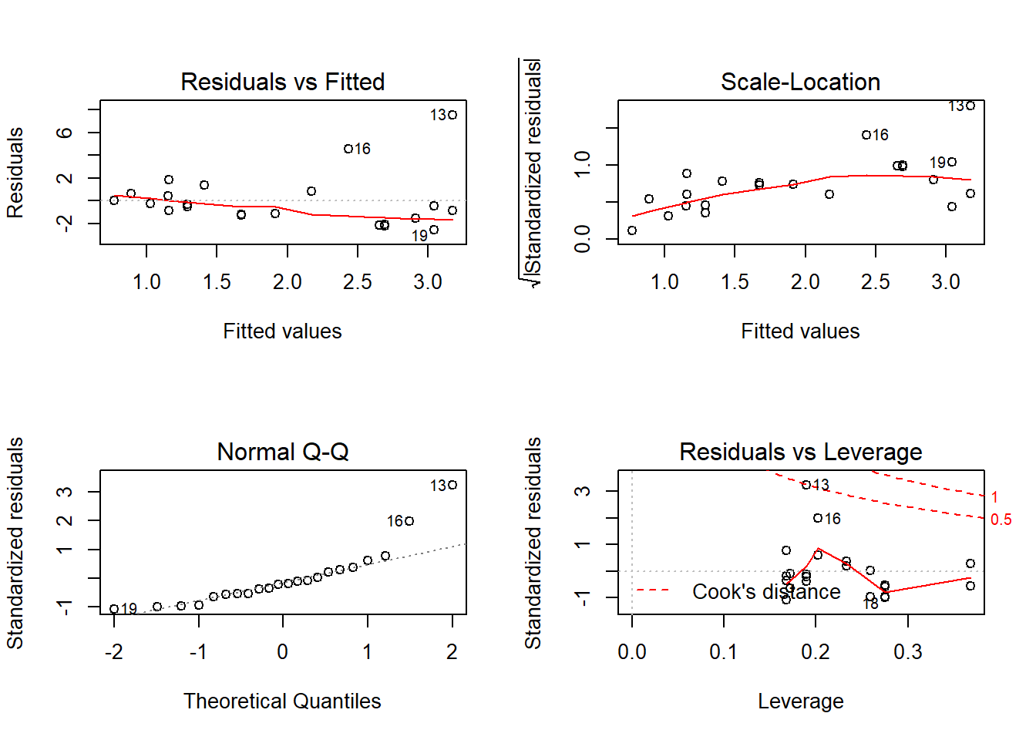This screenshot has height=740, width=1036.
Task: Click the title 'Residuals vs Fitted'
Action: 282,82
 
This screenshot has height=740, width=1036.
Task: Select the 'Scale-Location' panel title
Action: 800,82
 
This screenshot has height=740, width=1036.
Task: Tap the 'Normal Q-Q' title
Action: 282,452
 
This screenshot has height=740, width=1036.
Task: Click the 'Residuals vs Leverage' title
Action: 800,452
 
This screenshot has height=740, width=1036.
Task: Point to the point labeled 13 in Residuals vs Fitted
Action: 452,115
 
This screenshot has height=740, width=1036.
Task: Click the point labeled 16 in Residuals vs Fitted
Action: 348,149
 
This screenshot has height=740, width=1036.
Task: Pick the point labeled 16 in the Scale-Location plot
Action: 866,135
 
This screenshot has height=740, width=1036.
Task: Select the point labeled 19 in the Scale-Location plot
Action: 952,162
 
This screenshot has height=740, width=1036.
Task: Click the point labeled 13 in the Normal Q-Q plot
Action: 452,485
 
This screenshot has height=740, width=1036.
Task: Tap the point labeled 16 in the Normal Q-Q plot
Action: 409,521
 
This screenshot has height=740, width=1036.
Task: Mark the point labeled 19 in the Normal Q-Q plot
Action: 114,609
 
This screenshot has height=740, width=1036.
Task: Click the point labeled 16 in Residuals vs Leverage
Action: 818,518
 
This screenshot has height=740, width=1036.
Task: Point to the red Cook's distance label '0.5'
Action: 1001,520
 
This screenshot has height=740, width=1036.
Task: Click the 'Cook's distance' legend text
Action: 766,591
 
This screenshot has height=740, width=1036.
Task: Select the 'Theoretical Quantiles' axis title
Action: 282,701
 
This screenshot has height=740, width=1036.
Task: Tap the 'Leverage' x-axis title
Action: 800,701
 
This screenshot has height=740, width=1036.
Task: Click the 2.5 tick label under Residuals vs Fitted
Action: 358,282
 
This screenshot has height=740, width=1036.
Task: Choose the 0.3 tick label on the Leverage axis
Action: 907,652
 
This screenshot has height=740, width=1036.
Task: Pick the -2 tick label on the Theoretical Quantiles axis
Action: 114,652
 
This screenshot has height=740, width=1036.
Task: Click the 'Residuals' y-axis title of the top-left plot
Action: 15,173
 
